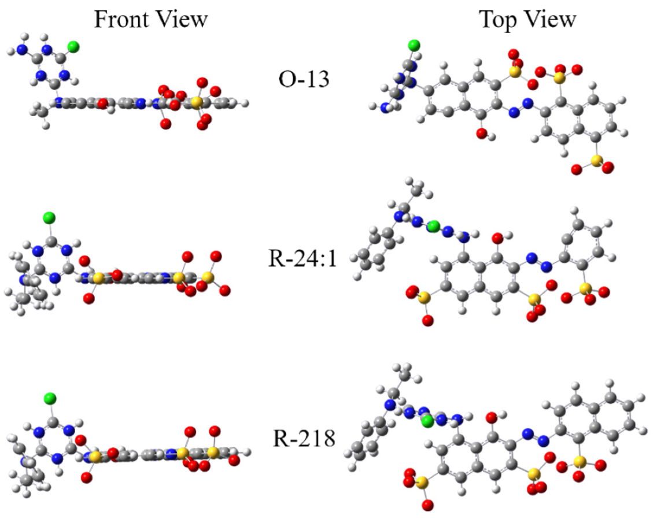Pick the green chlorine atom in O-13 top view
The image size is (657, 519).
click(x=414, y=45)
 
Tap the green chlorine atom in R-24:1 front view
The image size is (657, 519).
click(x=49, y=218)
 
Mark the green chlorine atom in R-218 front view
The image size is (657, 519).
click(x=49, y=398)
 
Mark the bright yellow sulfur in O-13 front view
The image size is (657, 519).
click(x=197, y=103)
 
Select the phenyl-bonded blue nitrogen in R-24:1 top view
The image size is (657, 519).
click(x=398, y=217)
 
